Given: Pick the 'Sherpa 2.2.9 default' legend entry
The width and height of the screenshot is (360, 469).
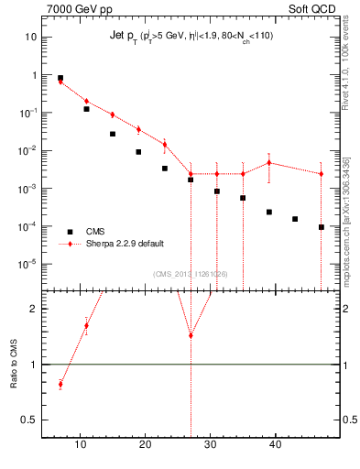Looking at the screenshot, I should (x=127, y=245).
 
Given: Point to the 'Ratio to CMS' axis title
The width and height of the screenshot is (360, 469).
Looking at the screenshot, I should (x=14, y=365).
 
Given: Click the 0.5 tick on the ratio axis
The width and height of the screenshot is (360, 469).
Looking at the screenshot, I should (x=29, y=420).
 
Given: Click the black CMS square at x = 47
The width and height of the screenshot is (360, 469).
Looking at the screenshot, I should (x=322, y=227).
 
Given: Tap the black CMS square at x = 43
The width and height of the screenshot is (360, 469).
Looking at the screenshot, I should (x=295, y=219).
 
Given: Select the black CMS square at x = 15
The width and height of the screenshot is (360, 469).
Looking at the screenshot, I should (x=113, y=134).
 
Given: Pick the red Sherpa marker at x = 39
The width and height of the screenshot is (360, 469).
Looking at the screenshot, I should (x=269, y=163).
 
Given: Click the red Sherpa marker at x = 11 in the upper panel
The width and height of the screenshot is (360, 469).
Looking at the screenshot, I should (x=86, y=102).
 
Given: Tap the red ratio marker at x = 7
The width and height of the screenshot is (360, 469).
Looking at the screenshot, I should (x=60, y=384).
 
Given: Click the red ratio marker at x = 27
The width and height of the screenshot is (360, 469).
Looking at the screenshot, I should (x=191, y=335).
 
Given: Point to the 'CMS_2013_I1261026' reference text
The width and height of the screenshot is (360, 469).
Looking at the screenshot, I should (x=191, y=274).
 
